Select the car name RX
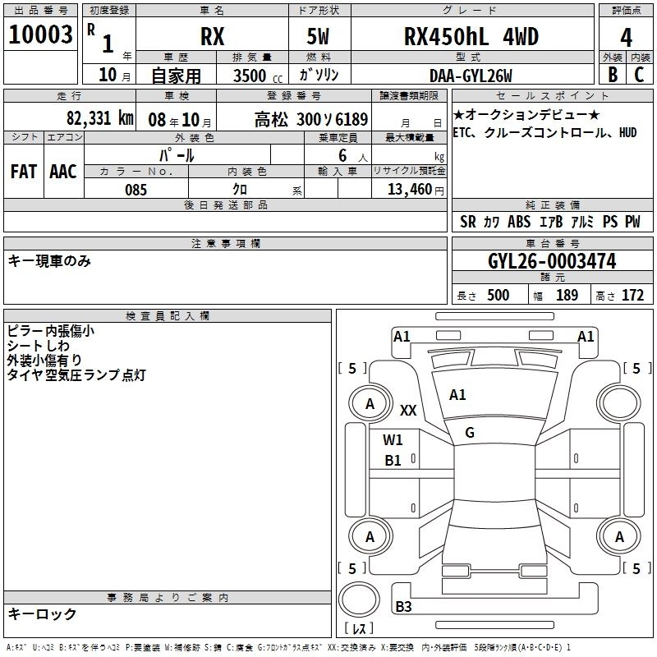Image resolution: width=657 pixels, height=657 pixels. point(212,37)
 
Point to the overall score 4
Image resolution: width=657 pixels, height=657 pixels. point(627,38)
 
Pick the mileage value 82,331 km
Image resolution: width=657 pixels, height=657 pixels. point(99,117)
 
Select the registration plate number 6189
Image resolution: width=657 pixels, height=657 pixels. point(349,118)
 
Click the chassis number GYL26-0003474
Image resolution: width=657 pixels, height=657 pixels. point(551,261)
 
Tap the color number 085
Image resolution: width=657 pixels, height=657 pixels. point(136,189)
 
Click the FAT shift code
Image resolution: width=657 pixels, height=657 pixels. point(23,171)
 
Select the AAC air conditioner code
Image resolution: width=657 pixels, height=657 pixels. point(63,171)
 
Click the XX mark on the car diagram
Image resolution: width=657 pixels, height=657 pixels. point(408,410)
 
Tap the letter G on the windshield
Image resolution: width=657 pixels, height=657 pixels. point(470,432)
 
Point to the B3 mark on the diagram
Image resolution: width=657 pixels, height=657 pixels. point(403,607)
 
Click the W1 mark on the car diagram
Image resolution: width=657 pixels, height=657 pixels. point(393,439)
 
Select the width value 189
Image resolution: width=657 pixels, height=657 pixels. point(567,296)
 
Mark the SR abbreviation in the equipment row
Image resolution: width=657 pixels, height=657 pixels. point(468,222)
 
